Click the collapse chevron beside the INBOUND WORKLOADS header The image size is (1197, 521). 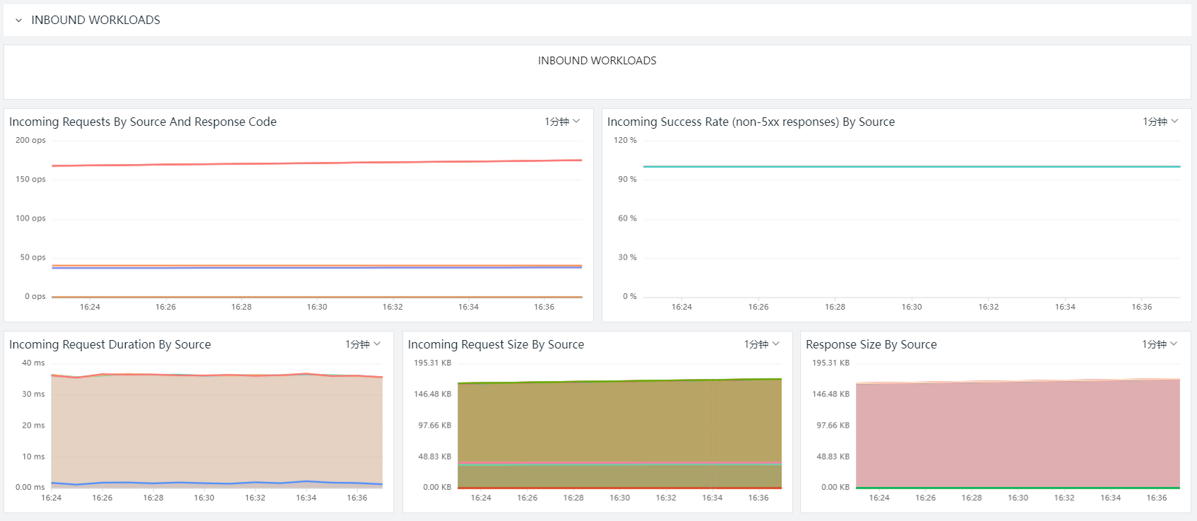click(x=18, y=21)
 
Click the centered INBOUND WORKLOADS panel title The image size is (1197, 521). click(x=597, y=61)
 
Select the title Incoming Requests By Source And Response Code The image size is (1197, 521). click(x=143, y=122)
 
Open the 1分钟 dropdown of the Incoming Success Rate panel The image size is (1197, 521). click(x=1160, y=122)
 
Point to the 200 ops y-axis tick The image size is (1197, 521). click(x=30, y=140)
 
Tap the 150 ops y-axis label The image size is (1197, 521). click(x=30, y=179)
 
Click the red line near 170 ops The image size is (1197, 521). click(x=317, y=163)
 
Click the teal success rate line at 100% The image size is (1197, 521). click(x=912, y=166)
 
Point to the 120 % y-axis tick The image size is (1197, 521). click(x=625, y=140)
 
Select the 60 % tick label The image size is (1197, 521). click(x=627, y=218)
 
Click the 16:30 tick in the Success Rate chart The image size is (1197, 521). click(x=912, y=307)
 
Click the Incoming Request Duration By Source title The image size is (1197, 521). click(x=110, y=344)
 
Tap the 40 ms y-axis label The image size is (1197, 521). click(x=33, y=363)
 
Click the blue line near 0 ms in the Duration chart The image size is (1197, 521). click(x=217, y=483)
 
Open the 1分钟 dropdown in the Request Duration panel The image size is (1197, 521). click(x=362, y=344)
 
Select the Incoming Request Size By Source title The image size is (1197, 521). click(x=496, y=344)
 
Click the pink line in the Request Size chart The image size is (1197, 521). click(x=620, y=463)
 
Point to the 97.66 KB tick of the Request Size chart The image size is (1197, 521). click(x=434, y=426)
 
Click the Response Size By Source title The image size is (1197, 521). click(x=871, y=344)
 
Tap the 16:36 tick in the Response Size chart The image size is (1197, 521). click(x=1157, y=498)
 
